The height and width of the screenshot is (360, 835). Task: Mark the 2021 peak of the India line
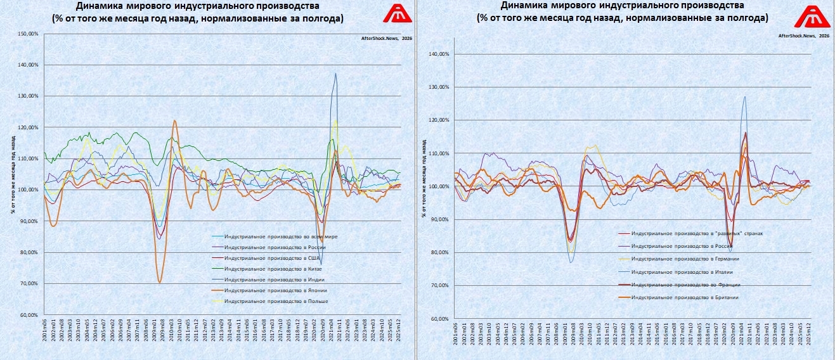click(x=335, y=74)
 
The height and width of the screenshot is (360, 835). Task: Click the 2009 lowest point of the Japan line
click(x=160, y=283)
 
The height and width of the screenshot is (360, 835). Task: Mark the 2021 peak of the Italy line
click(x=745, y=96)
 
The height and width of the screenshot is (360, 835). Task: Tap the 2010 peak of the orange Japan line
click(x=174, y=120)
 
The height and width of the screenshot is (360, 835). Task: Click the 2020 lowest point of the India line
click(x=321, y=264)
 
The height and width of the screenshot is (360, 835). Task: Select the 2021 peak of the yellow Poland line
click(x=335, y=120)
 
